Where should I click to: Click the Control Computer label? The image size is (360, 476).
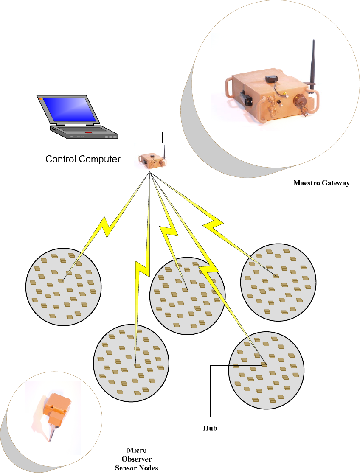tap(83, 160)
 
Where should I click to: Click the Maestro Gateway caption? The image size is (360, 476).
tap(321, 183)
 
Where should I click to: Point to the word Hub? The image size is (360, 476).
tap(210, 428)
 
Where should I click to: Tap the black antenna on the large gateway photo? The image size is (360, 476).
tap(314, 64)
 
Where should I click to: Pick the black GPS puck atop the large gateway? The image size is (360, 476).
tap(271, 78)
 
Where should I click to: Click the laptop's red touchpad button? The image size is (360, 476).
tap(88, 133)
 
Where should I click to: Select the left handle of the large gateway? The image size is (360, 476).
tap(229, 87)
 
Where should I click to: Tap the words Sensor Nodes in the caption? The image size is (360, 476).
tap(137, 468)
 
